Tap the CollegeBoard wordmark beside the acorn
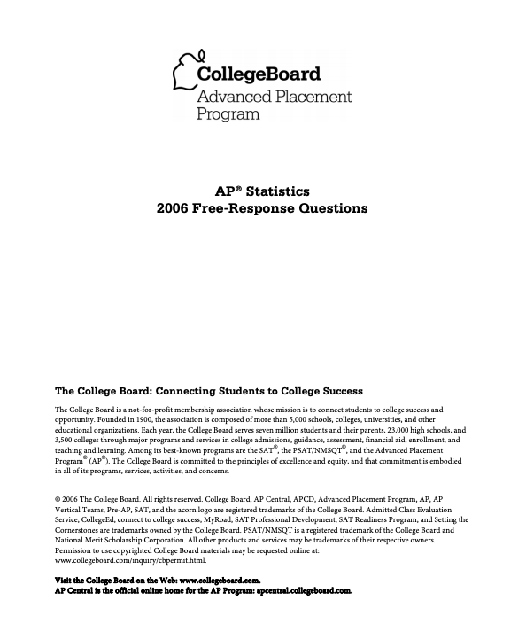[x=259, y=74]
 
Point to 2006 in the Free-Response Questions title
[x=174, y=208]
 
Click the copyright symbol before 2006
[x=58, y=499]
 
